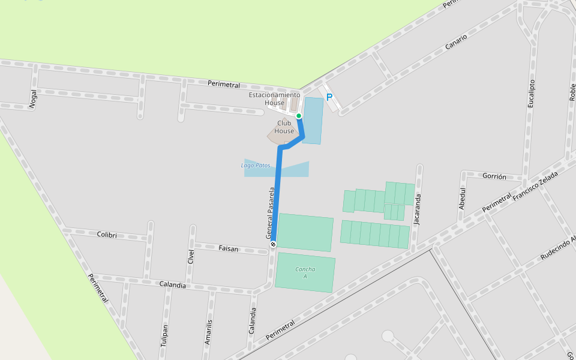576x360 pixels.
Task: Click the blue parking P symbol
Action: pyautogui.click(x=329, y=97)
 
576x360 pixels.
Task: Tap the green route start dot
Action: pyautogui.click(x=298, y=116)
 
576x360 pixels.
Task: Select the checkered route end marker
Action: pyautogui.click(x=273, y=244)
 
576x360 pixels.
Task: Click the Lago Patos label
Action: pyautogui.click(x=256, y=165)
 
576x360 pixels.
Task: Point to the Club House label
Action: pyautogui.click(x=284, y=127)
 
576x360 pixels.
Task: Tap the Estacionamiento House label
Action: pyautogui.click(x=275, y=99)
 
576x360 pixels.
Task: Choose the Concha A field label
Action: pyautogui.click(x=305, y=272)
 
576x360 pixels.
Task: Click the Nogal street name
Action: pyautogui.click(x=33, y=99)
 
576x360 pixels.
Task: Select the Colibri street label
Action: pyautogui.click(x=107, y=235)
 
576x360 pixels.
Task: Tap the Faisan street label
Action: pyautogui.click(x=228, y=248)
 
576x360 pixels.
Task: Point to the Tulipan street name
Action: pyautogui.click(x=163, y=333)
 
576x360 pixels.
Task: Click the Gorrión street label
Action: pyautogui.click(x=494, y=177)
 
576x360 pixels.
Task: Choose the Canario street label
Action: pyautogui.click(x=456, y=41)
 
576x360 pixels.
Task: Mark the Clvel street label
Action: pyautogui.click(x=191, y=256)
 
